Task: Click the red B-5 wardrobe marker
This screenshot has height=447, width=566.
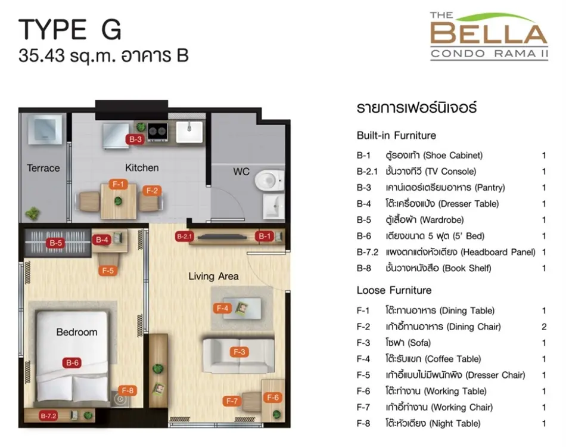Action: click(55, 243)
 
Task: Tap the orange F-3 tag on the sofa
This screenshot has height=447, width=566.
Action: click(239, 352)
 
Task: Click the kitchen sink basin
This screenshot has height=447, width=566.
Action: click(189, 132)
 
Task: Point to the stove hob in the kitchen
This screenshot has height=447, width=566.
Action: click(157, 132)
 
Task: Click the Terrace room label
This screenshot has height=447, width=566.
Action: click(43, 168)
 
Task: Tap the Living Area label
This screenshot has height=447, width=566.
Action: click(213, 276)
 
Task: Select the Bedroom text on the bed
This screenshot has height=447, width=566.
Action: click(76, 332)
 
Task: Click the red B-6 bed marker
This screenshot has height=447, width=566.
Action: click(72, 363)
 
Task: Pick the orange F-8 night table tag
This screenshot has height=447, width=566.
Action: click(127, 390)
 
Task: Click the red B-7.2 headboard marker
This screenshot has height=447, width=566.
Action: click(48, 416)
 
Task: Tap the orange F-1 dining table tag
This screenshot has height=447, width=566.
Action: click(118, 185)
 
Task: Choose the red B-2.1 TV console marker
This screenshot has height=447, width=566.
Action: click(185, 237)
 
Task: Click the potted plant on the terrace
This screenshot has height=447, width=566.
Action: click(33, 213)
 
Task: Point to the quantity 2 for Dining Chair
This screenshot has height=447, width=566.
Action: click(544, 327)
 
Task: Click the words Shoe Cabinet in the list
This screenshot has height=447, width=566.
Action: click(453, 156)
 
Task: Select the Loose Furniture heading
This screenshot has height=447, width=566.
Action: click(394, 290)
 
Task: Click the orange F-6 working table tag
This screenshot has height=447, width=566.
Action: click(272, 398)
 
